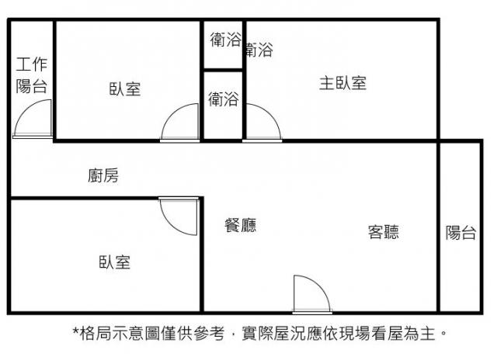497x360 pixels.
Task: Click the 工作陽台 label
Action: tap(32, 75)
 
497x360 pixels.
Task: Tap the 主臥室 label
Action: tap(343, 83)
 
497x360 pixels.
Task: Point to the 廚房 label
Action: tap(103, 175)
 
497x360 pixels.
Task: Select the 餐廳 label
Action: tap(241, 225)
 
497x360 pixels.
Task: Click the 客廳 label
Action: tap(384, 232)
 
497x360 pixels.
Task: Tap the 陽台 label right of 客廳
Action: tap(461, 233)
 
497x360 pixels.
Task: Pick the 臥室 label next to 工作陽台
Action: tap(125, 89)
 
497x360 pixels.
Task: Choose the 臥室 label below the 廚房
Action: tap(115, 262)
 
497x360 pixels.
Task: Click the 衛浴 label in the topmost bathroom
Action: tap(225, 40)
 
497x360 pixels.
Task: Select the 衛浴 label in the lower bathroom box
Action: tap(224, 99)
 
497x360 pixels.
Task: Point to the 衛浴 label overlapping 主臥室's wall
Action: tap(259, 50)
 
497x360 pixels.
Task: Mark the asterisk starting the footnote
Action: tap(75, 331)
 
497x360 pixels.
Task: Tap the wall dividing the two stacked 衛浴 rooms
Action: tap(223, 70)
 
